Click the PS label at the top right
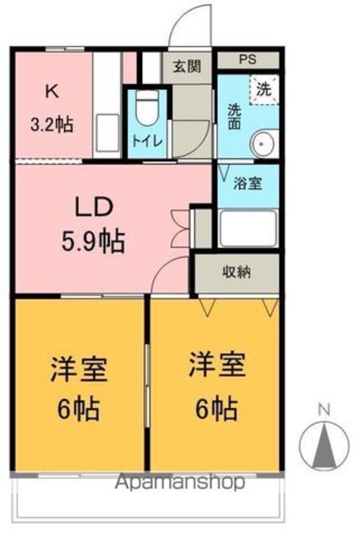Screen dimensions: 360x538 coord(247,60)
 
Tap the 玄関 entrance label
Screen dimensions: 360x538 coord(187,66)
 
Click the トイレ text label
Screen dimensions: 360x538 coord(147,141)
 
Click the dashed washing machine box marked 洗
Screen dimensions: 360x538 coord(264,90)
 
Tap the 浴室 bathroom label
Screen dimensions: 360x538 coord(247,183)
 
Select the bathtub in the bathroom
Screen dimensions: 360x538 coord(248,228)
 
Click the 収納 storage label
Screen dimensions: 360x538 coord(237,272)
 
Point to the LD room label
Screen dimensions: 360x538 coord(94,208)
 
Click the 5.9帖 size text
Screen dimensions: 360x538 coord(93,241)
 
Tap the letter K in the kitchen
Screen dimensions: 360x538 coord(51,92)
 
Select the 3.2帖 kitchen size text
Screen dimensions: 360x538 coord(51,124)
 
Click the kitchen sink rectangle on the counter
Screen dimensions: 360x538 coord(108,133)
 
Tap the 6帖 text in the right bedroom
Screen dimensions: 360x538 coord(216,408)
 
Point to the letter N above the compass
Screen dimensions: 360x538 coord(325,409)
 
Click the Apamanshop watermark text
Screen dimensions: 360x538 coord(180,483)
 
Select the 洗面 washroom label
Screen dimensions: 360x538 coord(235,117)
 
